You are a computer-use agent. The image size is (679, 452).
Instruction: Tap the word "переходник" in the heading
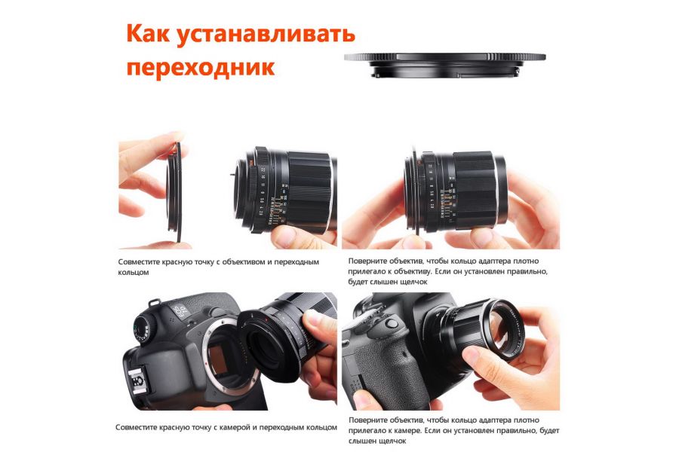point(200,67)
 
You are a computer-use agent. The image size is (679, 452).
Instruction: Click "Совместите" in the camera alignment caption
point(140,427)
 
